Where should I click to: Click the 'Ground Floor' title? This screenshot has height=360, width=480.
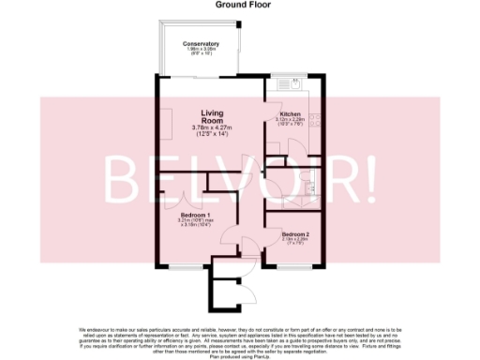[239, 5]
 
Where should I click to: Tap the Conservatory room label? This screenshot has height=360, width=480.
[202, 44]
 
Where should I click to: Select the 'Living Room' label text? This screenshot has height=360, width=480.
[211, 117]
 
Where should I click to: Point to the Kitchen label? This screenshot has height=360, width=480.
[289, 114]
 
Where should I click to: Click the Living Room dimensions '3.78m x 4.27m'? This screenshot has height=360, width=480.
[211, 128]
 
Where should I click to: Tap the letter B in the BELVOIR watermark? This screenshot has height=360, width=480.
[126, 179]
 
